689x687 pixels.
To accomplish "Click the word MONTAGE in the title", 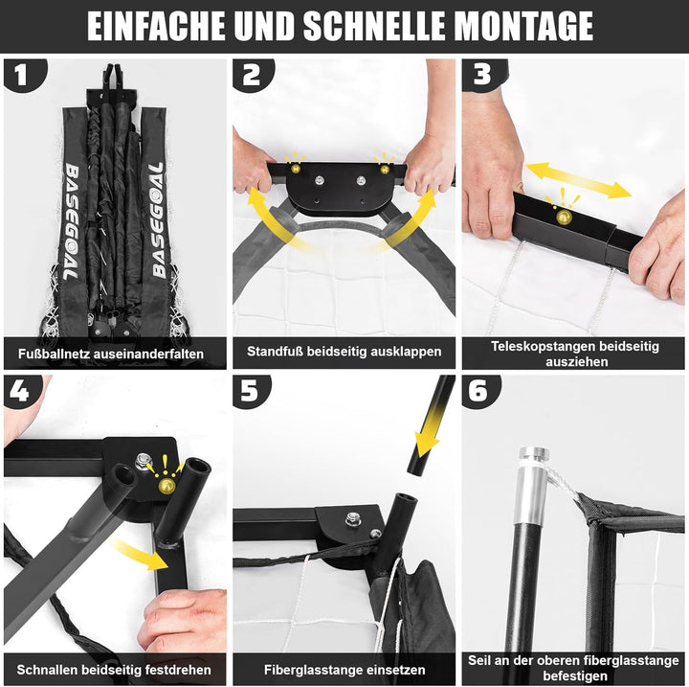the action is (523, 26).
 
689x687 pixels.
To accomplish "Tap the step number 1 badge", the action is (23, 75).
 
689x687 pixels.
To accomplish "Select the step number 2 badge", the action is (252, 75).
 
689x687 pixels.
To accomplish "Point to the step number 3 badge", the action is (482, 75).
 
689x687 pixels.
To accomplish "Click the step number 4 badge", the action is (21, 391).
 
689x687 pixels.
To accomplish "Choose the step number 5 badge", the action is (251, 391).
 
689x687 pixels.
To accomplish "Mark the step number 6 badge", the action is (479, 391).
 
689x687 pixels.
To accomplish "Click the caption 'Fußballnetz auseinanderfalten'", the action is (111, 354).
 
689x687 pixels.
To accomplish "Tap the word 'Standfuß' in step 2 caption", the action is (275, 352).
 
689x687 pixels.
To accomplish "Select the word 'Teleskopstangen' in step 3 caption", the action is (544, 346).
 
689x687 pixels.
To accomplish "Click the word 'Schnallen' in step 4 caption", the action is (47, 670).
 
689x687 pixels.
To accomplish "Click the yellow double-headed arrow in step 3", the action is (579, 179).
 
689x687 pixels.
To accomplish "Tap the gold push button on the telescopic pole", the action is (564, 217).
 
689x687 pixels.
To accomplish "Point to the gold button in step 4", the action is (167, 486).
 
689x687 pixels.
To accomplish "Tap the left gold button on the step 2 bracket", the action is (296, 168).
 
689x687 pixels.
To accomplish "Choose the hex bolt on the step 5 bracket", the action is (352, 519).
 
